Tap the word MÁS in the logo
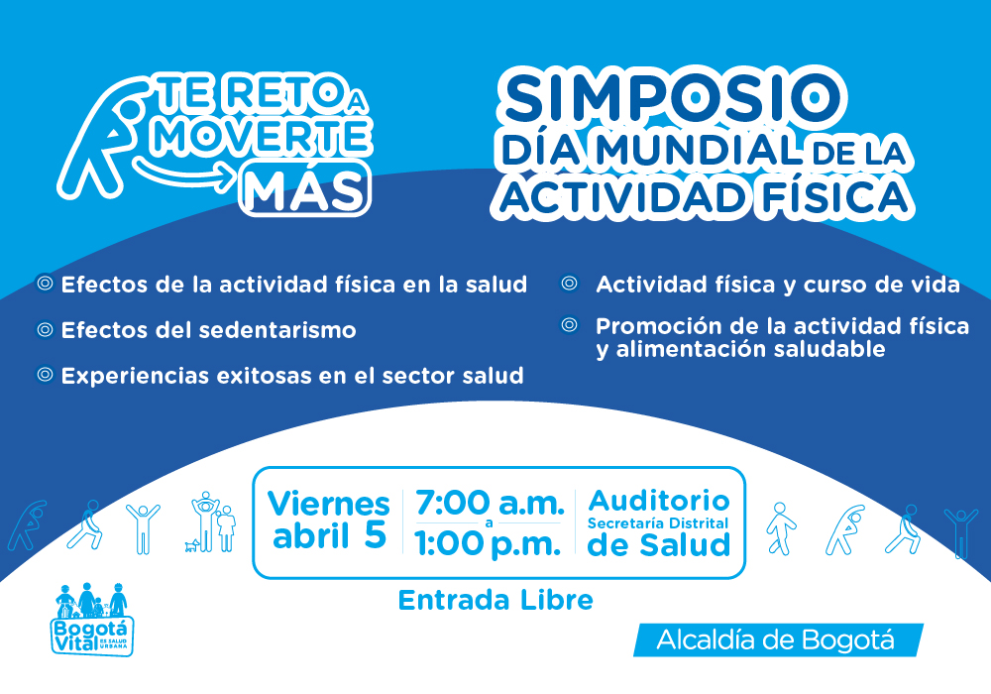[305, 189]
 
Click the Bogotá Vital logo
[91, 620]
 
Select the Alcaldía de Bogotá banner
[778, 639]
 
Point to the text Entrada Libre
[495, 600]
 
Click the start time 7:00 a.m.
[490, 503]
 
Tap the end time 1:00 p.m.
[488, 543]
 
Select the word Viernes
[329, 504]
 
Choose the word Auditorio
[659, 501]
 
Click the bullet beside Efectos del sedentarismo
[45, 329]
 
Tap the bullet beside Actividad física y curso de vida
[570, 284]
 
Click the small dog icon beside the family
[192, 545]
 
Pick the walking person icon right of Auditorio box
[781, 528]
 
